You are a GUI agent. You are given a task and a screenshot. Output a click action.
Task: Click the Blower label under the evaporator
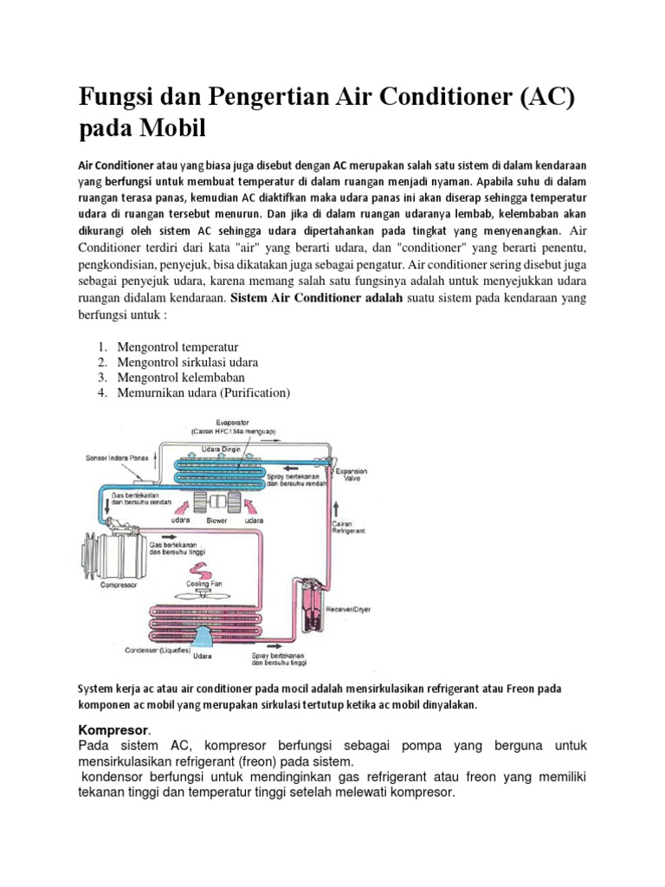[216, 521]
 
